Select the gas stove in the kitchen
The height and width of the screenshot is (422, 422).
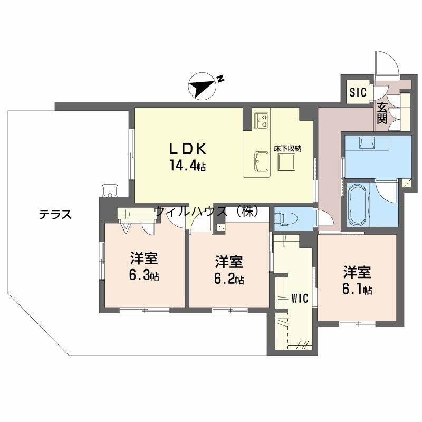click(x=262, y=120)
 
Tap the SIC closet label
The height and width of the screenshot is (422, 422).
click(x=357, y=92)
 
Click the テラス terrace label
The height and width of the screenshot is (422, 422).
click(x=55, y=215)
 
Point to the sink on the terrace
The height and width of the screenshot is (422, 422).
click(x=110, y=189)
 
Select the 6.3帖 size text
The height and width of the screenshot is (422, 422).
click(x=145, y=276)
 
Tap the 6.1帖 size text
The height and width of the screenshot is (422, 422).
click(x=358, y=290)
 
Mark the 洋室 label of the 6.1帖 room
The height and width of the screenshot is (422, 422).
click(x=357, y=272)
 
